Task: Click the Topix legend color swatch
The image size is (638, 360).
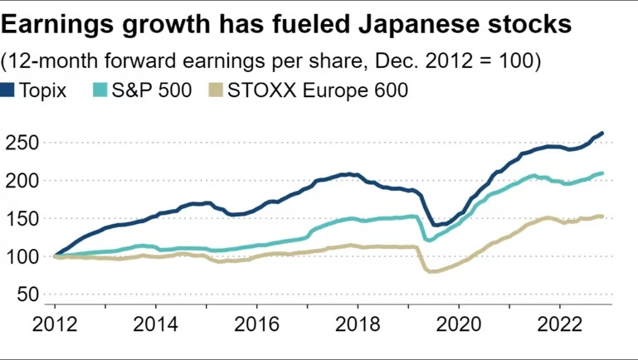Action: click(9, 90)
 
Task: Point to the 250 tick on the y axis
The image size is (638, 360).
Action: click(21, 143)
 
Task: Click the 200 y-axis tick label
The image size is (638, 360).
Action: click(21, 181)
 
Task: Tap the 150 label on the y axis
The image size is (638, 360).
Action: click(21, 219)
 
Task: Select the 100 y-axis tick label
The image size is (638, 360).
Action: click(21, 257)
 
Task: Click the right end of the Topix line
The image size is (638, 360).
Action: click(602, 133)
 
